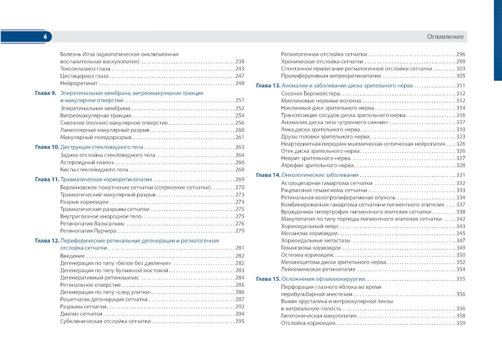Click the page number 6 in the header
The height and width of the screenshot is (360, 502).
point(45,37)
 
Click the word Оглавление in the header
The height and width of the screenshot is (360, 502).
point(446,37)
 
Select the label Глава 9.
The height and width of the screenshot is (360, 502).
point(45,93)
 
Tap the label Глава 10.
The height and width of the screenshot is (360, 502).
point(47,148)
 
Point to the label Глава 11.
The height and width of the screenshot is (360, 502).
point(47,180)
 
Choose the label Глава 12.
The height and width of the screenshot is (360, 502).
point(47,241)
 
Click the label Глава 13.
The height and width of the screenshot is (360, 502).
point(268,86)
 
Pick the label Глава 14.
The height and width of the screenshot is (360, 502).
point(268,175)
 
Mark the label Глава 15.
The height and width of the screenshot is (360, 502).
point(268,279)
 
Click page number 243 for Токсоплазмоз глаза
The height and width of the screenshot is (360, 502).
point(239,69)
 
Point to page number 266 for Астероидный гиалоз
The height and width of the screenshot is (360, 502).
point(239,163)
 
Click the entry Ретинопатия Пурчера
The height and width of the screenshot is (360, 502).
point(88,231)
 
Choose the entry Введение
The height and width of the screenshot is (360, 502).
point(72,256)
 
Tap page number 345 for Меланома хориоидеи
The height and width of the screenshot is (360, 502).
point(460,233)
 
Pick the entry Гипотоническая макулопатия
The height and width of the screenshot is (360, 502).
point(317,316)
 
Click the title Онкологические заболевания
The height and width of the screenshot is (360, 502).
point(320,175)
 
